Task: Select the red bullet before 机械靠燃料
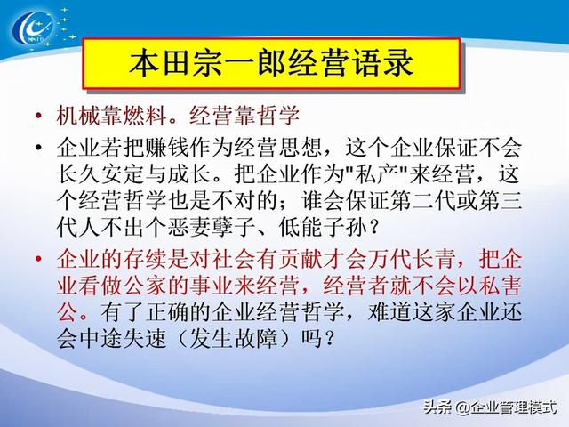coord(38,116)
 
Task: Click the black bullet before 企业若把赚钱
coord(38,148)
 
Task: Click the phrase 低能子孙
coord(322,229)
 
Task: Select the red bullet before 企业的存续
coord(38,260)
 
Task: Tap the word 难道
coord(389,313)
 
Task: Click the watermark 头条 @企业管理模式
coord(490,407)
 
